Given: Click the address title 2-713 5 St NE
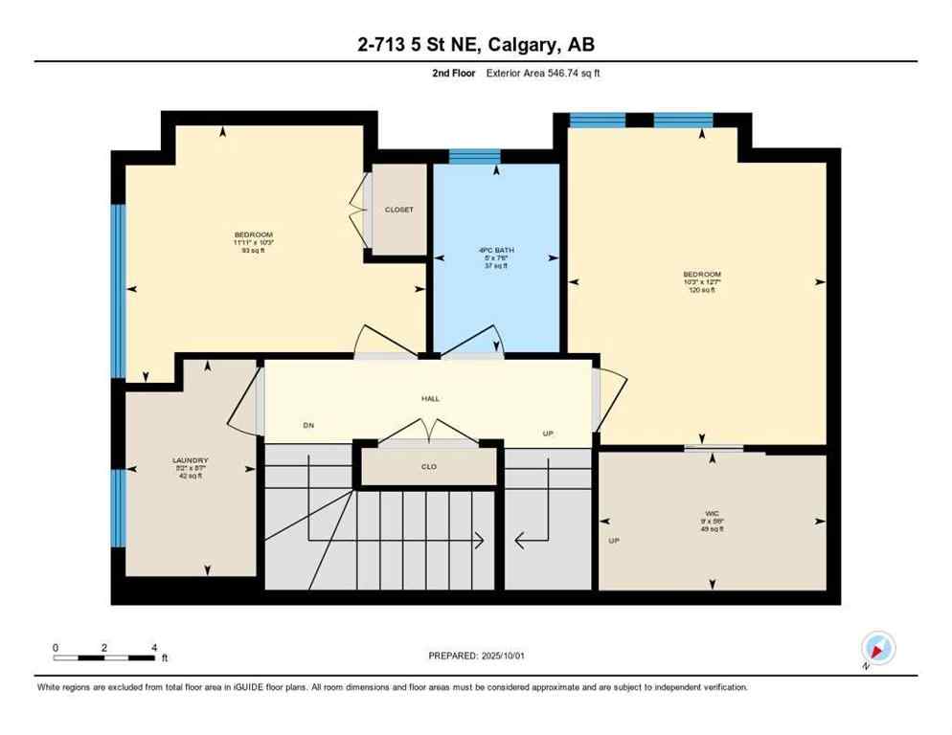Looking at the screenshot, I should point(475,45).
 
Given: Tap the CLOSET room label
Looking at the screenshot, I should point(398,210).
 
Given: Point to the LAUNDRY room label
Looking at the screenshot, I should point(190,460).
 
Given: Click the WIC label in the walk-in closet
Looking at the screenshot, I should point(712,513).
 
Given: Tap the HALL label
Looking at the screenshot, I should point(430,398).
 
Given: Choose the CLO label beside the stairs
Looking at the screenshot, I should point(429,468).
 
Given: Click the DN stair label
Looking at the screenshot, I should point(308,425).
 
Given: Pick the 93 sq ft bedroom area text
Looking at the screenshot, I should point(254,252).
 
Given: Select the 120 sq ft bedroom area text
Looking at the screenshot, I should point(701,290).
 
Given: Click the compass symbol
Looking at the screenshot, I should point(877,648).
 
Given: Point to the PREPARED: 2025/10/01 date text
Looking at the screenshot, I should point(475,656).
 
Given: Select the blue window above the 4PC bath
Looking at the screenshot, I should point(475,157).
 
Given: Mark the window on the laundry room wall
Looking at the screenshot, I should point(119,507).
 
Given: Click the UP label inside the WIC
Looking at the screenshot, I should point(614,541).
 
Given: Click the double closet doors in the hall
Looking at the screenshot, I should point(428,432).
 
